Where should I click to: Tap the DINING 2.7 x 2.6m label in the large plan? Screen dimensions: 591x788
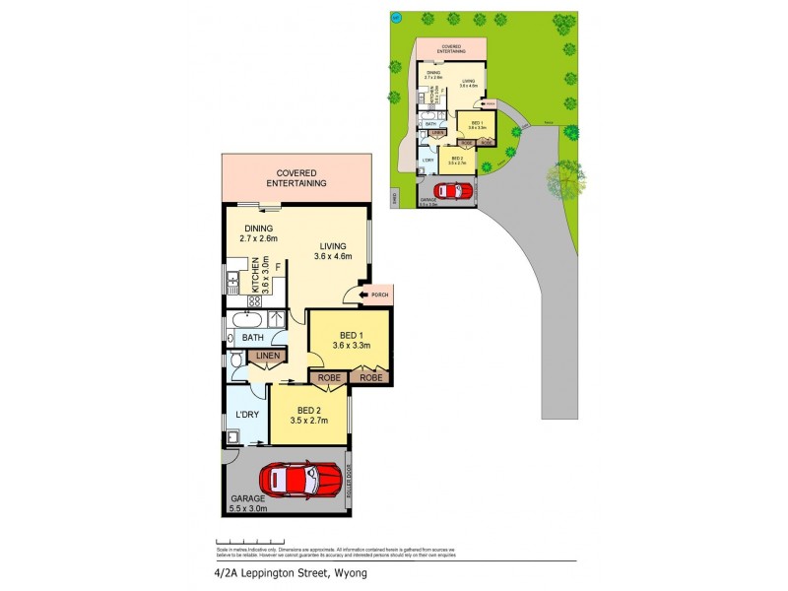[259, 231]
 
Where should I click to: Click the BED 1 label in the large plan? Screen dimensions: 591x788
[351, 339]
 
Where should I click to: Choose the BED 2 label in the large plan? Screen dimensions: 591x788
[309, 416]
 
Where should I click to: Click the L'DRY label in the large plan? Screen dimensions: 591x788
[246, 414]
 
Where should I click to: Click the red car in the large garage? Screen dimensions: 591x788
[299, 480]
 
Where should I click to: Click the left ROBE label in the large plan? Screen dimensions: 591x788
[328, 377]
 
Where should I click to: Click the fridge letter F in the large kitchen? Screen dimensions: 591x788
[278, 267]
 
